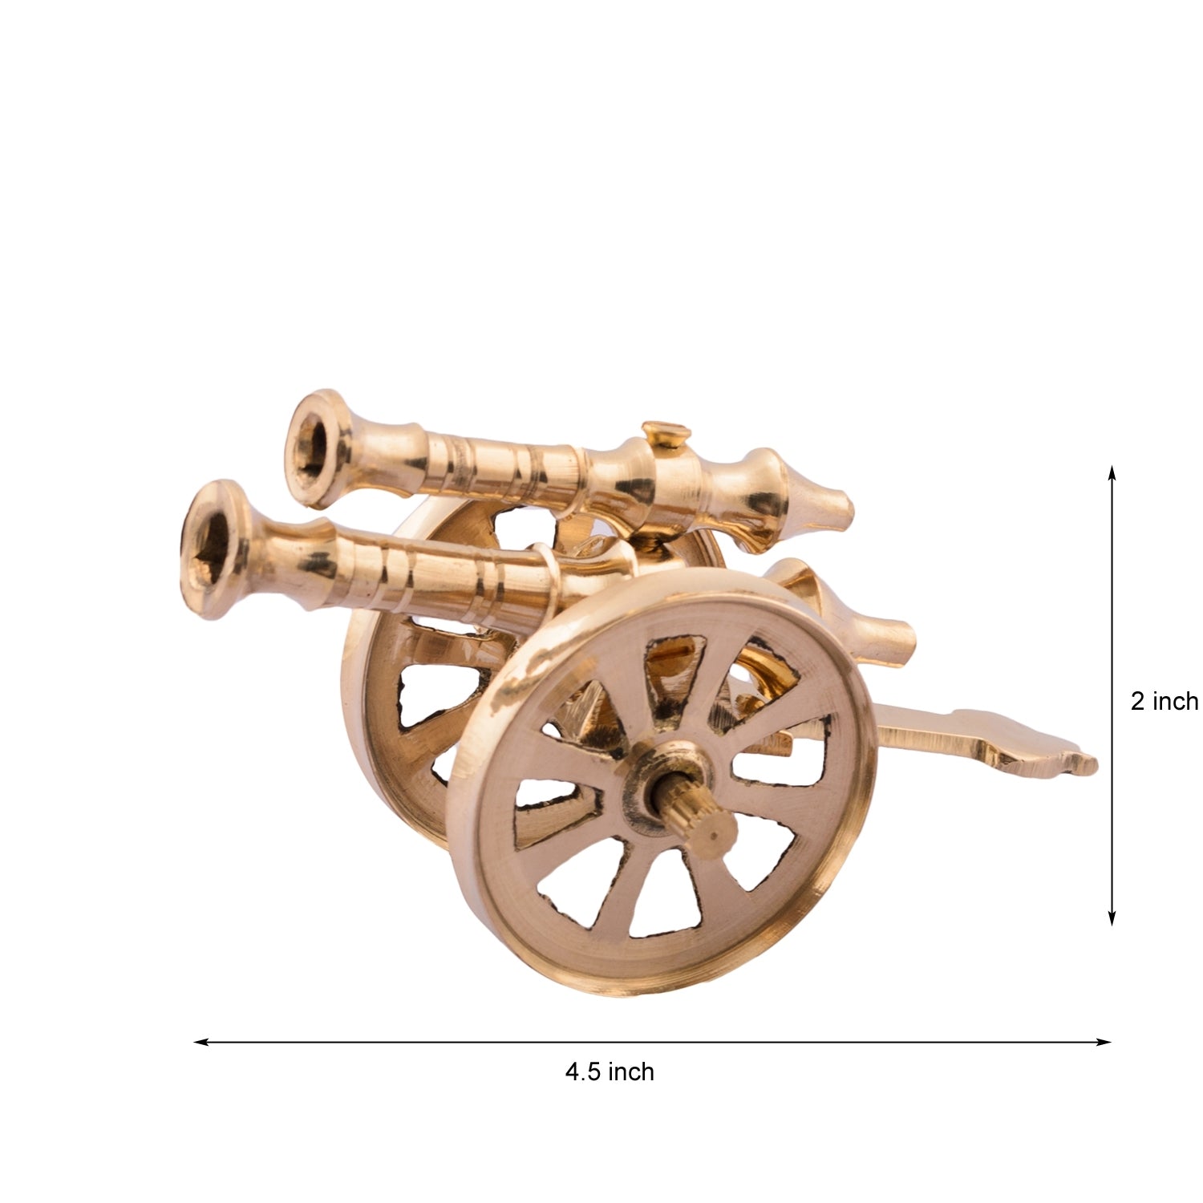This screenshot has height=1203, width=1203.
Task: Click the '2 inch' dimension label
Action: click(x=1165, y=702)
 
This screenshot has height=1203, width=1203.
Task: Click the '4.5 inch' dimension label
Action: click(x=610, y=1071)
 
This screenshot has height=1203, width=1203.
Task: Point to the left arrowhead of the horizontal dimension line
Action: click(x=202, y=1043)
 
